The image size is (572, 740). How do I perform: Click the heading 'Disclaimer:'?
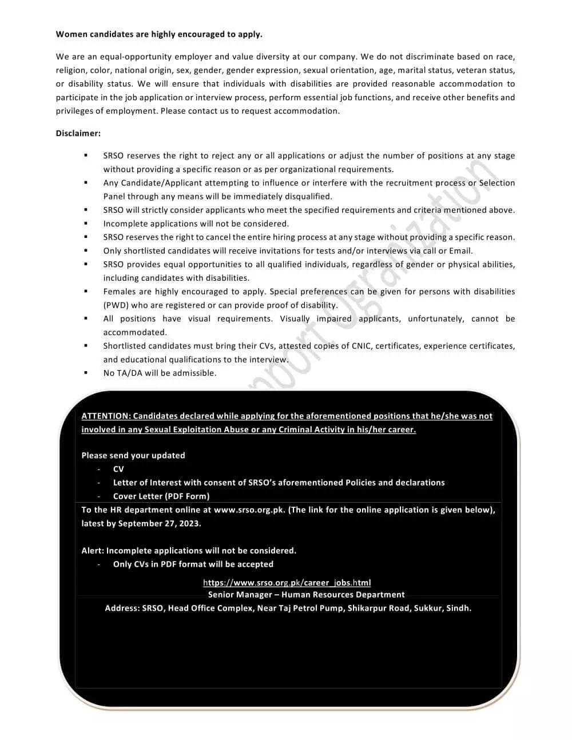pyautogui.click(x=78, y=133)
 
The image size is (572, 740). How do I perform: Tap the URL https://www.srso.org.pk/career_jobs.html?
pyautogui.click(x=287, y=583)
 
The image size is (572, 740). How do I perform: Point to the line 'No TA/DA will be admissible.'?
pyautogui.click(x=160, y=373)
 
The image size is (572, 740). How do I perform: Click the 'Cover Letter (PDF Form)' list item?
pyautogui.click(x=161, y=496)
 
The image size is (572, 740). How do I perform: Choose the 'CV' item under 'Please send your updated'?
pyautogui.click(x=118, y=469)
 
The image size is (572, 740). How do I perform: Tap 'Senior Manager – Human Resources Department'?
pyautogui.click(x=306, y=595)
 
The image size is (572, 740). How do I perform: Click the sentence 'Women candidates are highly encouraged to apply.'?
pyautogui.click(x=159, y=34)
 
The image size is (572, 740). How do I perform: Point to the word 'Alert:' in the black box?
pyautogui.click(x=93, y=551)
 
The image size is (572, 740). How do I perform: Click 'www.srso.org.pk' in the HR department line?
pyautogui.click(x=249, y=510)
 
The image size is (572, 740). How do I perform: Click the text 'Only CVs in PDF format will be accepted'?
pyautogui.click(x=193, y=564)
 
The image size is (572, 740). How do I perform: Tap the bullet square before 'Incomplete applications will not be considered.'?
pyautogui.click(x=86, y=224)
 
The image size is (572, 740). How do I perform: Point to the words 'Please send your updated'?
pyautogui.click(x=133, y=455)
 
